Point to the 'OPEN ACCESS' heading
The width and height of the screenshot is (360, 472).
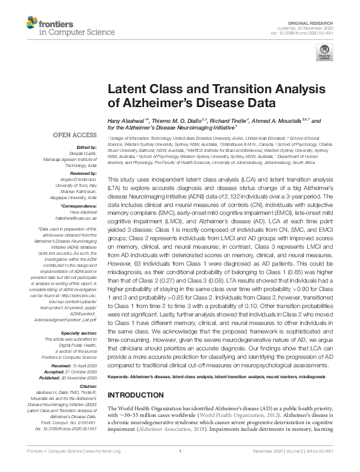[75, 135]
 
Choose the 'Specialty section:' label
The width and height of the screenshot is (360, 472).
[80, 316]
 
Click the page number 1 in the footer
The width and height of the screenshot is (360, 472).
[180, 468]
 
